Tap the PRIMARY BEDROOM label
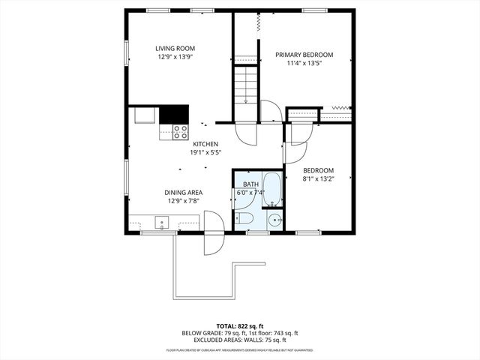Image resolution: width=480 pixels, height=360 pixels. [304, 55]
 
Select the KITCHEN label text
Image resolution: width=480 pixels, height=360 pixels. [205, 144]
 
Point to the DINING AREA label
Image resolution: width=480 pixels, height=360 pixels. [184, 192]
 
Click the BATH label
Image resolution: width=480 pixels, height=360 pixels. [250, 184]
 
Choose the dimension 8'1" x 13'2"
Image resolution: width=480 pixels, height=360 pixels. [318, 178]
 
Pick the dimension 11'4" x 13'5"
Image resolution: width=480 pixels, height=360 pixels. [304, 64]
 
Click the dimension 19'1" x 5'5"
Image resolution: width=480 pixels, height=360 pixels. [205, 152]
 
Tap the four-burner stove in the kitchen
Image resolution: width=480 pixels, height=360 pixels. [180, 132]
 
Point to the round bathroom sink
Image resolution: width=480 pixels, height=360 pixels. [274, 220]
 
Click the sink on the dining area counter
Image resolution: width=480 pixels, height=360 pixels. [161, 223]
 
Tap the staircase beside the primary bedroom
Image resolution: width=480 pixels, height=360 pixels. [245, 86]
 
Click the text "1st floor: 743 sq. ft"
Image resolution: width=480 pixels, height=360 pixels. [268, 333]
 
